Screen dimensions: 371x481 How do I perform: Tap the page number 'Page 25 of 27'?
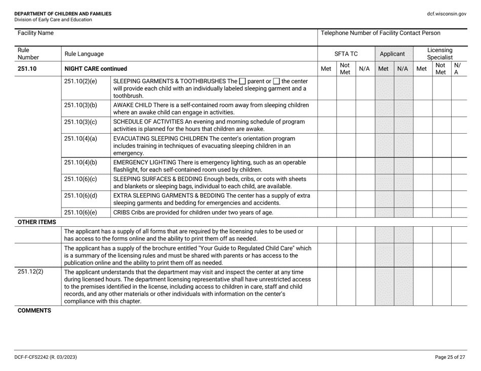coord(450,357)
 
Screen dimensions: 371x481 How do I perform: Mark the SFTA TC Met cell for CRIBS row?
coord(327,212)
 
